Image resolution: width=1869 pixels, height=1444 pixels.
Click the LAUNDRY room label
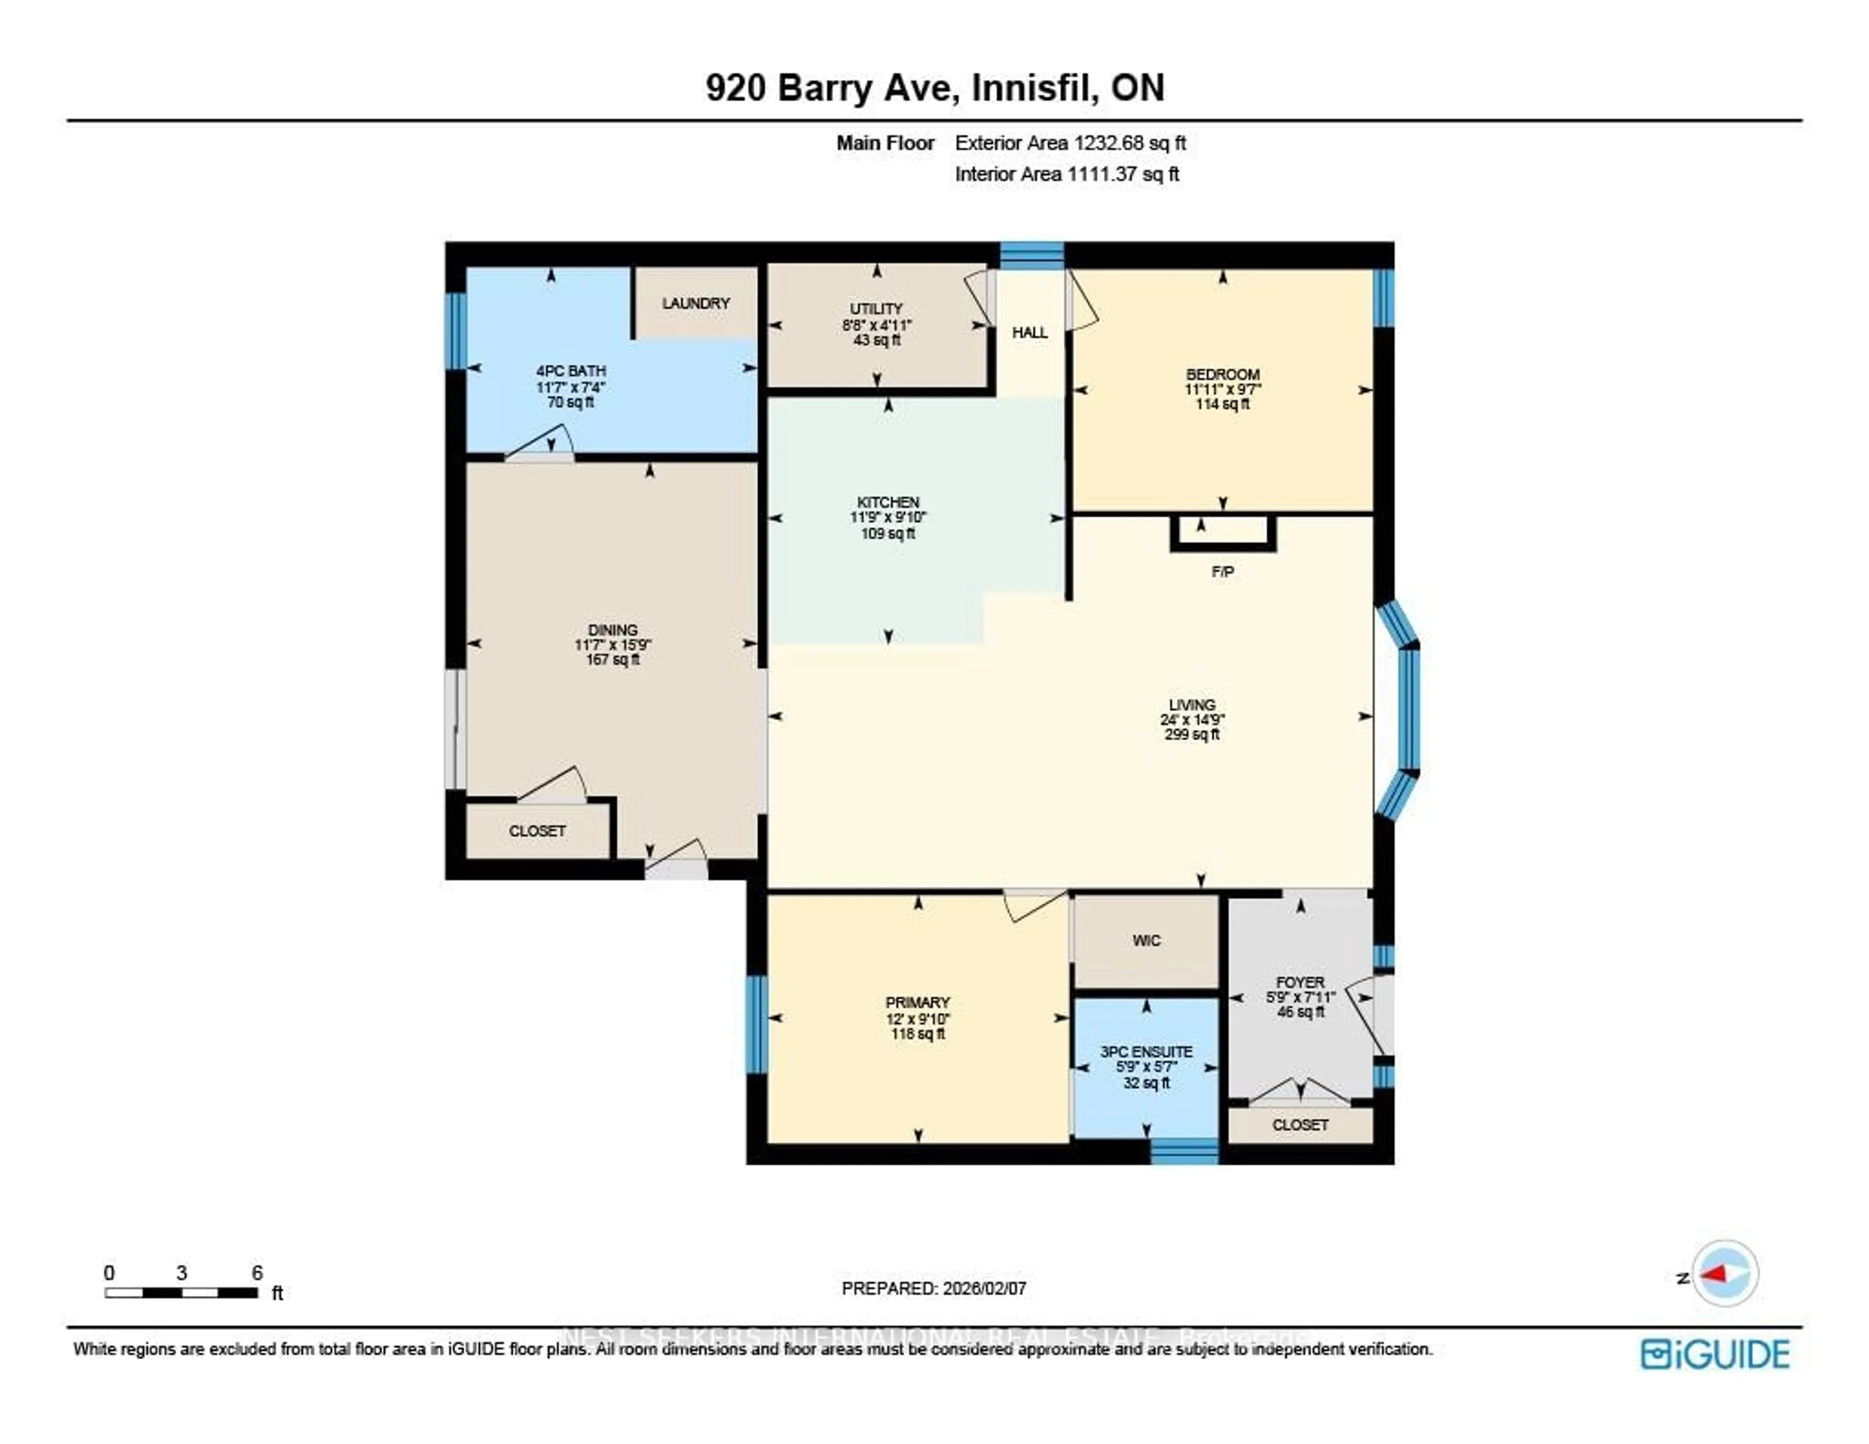[x=696, y=303]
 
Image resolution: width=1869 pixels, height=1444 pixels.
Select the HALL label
[x=1029, y=332]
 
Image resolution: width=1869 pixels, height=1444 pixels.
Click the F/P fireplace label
[x=1222, y=572]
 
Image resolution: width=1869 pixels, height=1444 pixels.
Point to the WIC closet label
[x=1146, y=941]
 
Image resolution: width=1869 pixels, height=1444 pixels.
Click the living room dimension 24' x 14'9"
[x=1192, y=720]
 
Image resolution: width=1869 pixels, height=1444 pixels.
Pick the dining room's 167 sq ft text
[x=613, y=660]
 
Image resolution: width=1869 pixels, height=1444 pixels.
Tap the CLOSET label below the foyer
[x=1300, y=1125]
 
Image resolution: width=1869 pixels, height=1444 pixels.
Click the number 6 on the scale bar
[x=257, y=1273]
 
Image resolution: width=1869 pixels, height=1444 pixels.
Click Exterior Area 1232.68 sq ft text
[x=1070, y=143]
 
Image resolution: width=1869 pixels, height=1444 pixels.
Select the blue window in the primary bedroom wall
[x=756, y=1024]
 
